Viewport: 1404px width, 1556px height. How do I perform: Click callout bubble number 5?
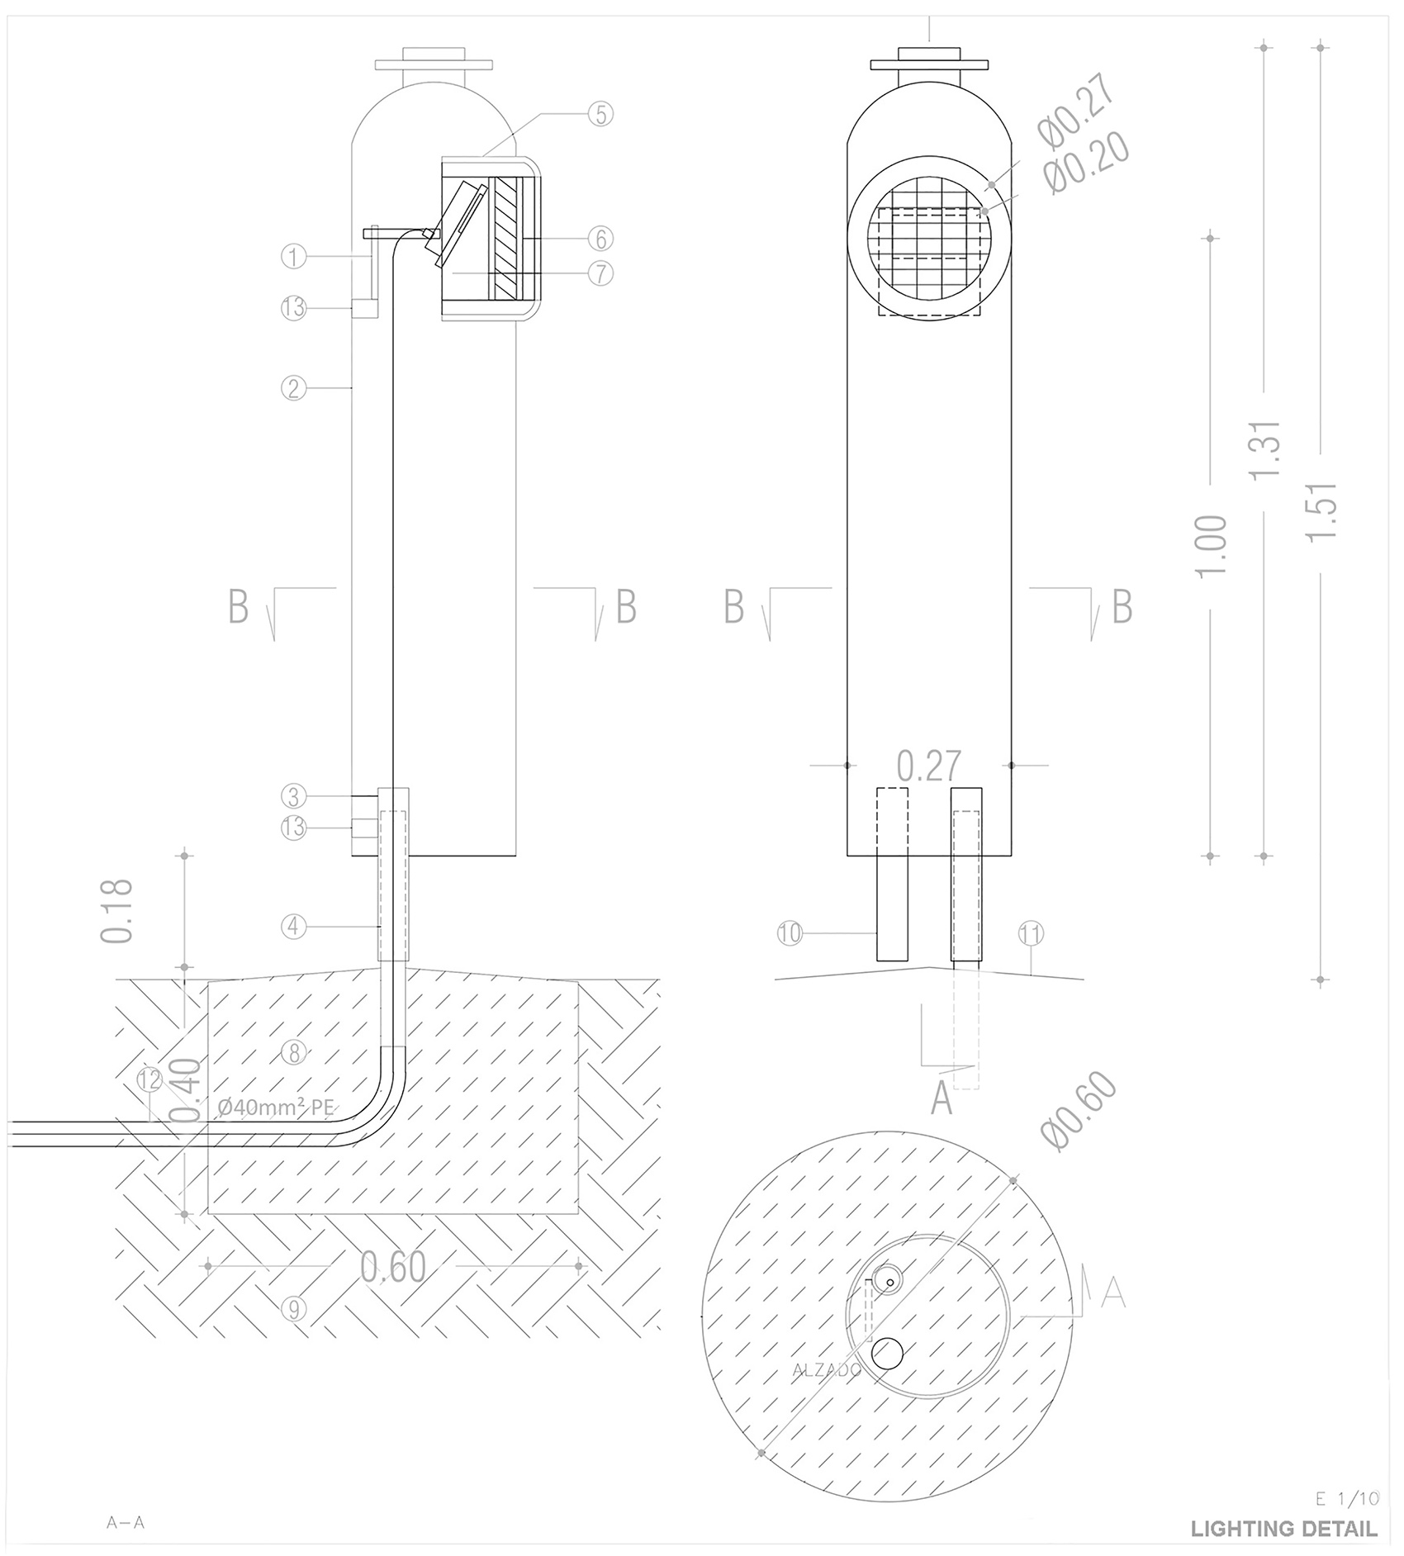(600, 114)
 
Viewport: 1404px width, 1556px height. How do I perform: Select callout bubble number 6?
(600, 239)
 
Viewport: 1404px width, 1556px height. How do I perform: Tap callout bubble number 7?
(600, 273)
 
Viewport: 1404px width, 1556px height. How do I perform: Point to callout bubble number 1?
(293, 257)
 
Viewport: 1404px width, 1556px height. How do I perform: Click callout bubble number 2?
(293, 387)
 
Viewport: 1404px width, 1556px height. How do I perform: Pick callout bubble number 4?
(293, 927)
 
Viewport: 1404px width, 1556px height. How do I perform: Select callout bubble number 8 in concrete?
(293, 1052)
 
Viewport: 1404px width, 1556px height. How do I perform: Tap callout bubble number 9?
(293, 1307)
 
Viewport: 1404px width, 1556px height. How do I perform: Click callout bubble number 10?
(790, 933)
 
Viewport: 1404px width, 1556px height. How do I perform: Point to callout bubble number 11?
(1031, 934)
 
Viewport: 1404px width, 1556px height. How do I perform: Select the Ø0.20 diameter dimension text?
(1087, 163)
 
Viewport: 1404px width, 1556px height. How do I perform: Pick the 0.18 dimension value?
(116, 910)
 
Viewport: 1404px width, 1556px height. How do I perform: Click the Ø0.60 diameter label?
(1079, 1111)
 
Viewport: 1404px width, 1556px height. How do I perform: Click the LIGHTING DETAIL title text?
(1283, 1529)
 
